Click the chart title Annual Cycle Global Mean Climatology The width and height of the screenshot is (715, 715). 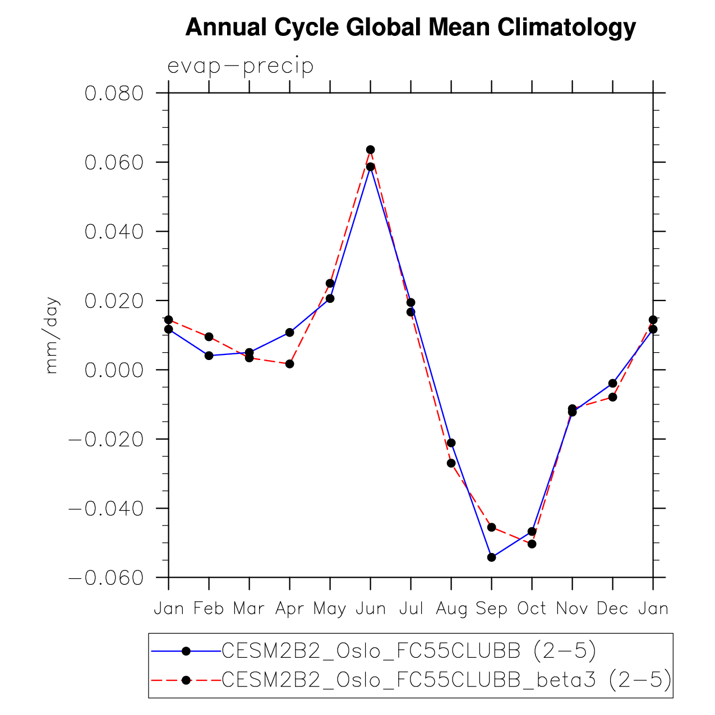pyautogui.click(x=410, y=27)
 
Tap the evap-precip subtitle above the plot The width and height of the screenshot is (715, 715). pyautogui.click(x=241, y=66)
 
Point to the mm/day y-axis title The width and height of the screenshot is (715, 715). pyautogui.click(x=52, y=335)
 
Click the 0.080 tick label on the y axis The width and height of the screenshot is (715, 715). pyautogui.click(x=114, y=93)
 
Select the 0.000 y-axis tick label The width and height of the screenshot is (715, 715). pyautogui.click(x=114, y=370)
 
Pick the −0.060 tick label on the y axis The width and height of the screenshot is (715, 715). pyautogui.click(x=106, y=578)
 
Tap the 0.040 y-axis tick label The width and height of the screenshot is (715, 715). pyautogui.click(x=114, y=232)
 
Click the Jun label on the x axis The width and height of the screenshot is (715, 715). pyautogui.click(x=370, y=608)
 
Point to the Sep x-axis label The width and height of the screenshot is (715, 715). pyautogui.click(x=491, y=608)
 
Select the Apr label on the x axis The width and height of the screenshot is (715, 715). pyautogui.click(x=289, y=608)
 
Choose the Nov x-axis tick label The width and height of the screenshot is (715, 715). pyautogui.click(x=572, y=608)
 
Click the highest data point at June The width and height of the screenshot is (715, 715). pyautogui.click(x=370, y=150)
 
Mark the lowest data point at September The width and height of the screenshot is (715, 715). pyautogui.click(x=491, y=557)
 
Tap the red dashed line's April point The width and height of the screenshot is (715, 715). pyautogui.click(x=289, y=364)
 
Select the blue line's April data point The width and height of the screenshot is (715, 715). pyautogui.click(x=289, y=333)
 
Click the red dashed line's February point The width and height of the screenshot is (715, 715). pyautogui.click(x=209, y=336)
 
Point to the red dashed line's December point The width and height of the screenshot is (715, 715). pyautogui.click(x=612, y=397)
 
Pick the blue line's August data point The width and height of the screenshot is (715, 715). pyautogui.click(x=451, y=443)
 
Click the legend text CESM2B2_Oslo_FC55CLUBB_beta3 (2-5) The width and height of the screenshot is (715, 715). pyautogui.click(x=446, y=680)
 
